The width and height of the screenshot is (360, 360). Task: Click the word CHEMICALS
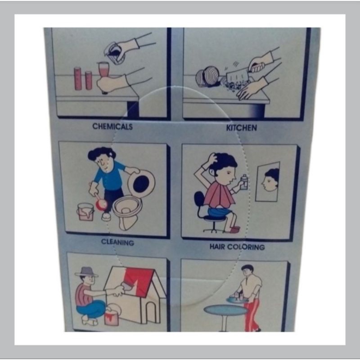pos(112,126)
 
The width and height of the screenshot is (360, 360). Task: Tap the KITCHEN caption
pos(242,128)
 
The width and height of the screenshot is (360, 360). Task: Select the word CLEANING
pos(117,242)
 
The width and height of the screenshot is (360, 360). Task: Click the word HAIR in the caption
pos(217,247)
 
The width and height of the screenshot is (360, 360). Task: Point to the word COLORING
pos(246,247)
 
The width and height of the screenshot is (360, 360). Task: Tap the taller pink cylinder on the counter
pos(78,78)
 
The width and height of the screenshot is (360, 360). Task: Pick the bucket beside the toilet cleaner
pos(85,212)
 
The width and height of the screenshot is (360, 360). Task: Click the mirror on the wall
pos(268,181)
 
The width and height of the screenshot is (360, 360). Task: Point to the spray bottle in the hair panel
pos(244,182)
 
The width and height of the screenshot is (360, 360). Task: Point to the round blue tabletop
pos(226,310)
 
